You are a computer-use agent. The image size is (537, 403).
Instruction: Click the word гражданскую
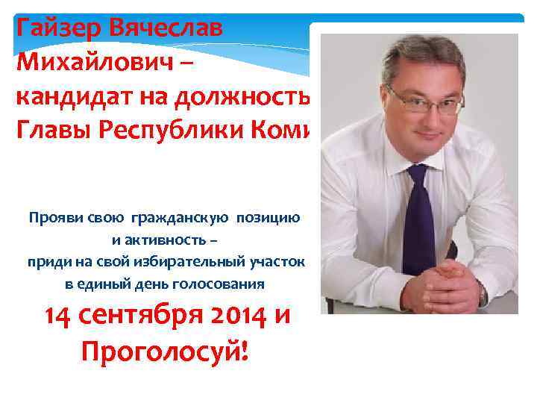(x=180, y=218)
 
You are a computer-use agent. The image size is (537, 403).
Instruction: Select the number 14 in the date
(x=59, y=317)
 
